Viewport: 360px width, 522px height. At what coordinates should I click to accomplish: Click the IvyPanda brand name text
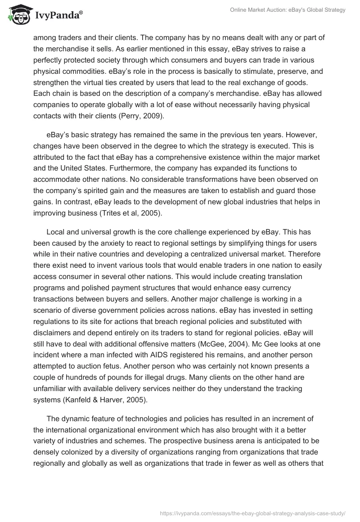(x=58, y=16)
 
